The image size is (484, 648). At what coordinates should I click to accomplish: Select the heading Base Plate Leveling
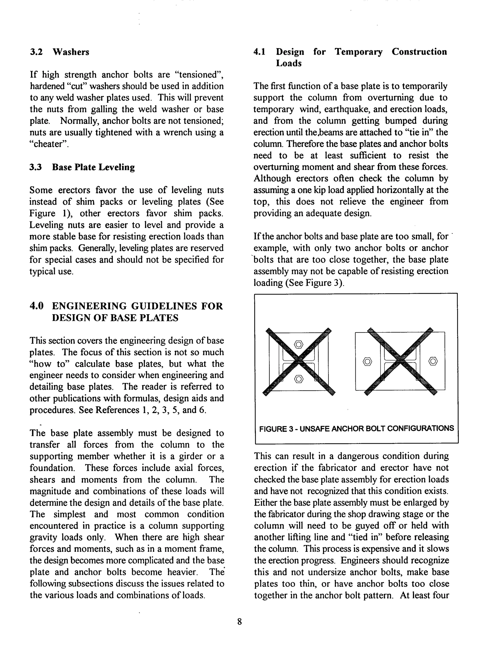(x=93, y=167)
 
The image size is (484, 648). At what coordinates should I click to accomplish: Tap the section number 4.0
(x=37, y=306)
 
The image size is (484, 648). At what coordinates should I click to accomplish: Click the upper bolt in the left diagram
(x=298, y=344)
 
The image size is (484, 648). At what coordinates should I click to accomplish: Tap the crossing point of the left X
(x=298, y=361)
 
